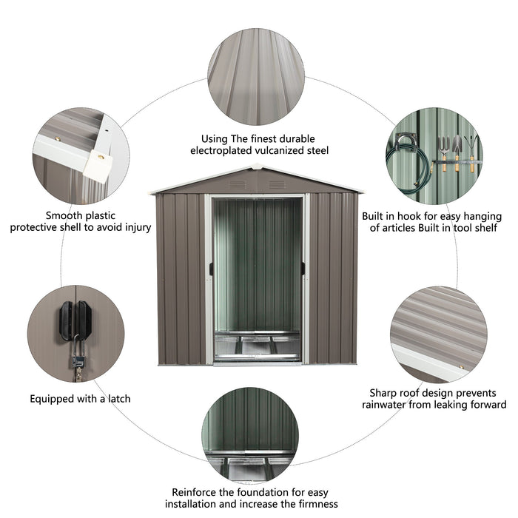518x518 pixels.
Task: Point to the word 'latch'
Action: click(x=115, y=399)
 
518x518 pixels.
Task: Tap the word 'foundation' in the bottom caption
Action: click(x=264, y=492)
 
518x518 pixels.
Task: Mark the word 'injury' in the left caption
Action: click(x=133, y=227)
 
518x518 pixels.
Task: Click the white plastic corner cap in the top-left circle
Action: click(x=96, y=165)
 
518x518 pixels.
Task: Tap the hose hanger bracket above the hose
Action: click(x=406, y=138)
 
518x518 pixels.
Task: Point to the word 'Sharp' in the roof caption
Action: click(x=385, y=392)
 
